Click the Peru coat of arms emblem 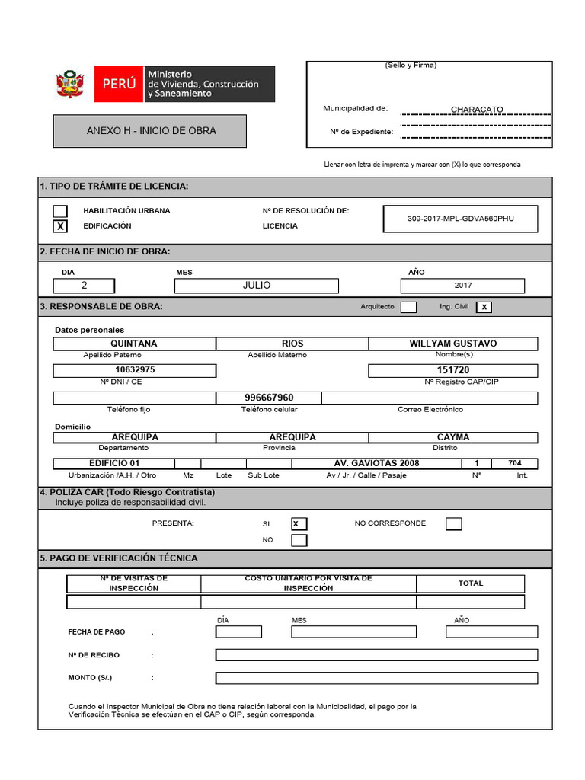(x=70, y=84)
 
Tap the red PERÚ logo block (x=119, y=84)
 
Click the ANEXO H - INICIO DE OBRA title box (x=150, y=131)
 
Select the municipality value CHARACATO (x=477, y=110)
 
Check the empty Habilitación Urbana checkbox (x=60, y=211)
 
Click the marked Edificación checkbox (x=60, y=226)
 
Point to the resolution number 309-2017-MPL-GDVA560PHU (x=461, y=219)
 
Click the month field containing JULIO (x=257, y=286)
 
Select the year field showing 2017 (x=462, y=286)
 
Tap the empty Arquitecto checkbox (x=408, y=307)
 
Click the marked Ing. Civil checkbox (x=484, y=307)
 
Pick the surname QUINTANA (x=134, y=344)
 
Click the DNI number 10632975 (x=135, y=370)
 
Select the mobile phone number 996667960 (x=269, y=398)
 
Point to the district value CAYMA (x=453, y=437)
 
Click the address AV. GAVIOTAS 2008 (x=376, y=463)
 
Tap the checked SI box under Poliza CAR (x=299, y=523)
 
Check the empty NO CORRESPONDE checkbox (x=453, y=523)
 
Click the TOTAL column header (x=470, y=583)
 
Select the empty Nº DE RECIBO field (x=376, y=655)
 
